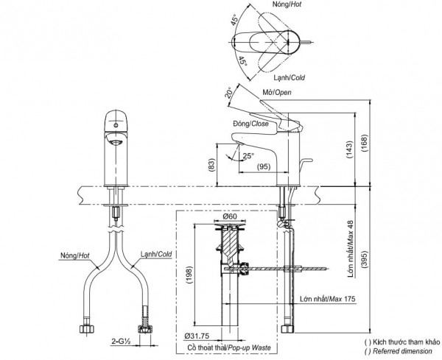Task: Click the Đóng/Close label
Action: (250, 124)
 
